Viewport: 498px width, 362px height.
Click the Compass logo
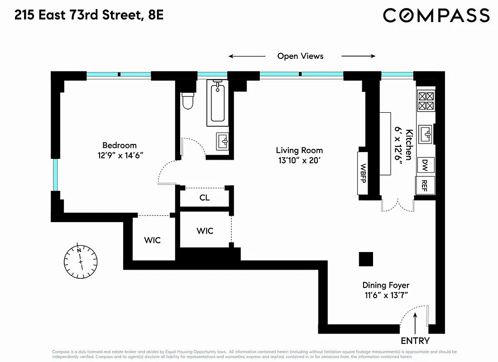[x=436, y=15]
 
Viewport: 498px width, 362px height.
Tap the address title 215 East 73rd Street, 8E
[x=89, y=15]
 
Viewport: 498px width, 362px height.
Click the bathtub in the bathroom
[x=218, y=103]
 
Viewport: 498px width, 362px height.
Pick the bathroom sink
[x=223, y=141]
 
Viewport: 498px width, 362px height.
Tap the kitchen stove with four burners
[x=425, y=101]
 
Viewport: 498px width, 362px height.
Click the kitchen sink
[x=425, y=134]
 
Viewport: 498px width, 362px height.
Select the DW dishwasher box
[x=425, y=164]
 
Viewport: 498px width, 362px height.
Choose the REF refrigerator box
[x=425, y=185]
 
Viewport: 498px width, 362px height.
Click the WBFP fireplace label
[x=363, y=172]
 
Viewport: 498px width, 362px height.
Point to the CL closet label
[x=205, y=198]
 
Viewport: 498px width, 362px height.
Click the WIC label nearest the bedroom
[x=152, y=240]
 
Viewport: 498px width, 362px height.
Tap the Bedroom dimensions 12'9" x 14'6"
[x=120, y=155]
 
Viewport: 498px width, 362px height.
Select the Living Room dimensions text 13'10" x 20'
[x=299, y=160]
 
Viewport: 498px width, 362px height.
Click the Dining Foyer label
[x=386, y=285]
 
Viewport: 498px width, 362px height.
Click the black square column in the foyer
[x=366, y=259]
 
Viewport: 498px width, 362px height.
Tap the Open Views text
[x=300, y=56]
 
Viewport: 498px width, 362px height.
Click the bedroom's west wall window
[x=56, y=175]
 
